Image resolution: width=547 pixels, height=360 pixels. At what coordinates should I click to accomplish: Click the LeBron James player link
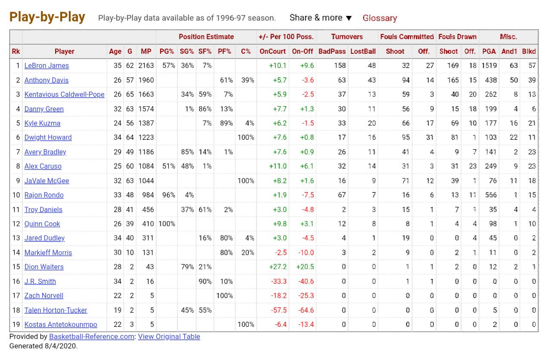(46, 66)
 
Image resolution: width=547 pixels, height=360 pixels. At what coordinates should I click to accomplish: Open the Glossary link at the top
(380, 18)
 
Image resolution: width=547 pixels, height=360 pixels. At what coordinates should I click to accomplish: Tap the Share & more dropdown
(320, 18)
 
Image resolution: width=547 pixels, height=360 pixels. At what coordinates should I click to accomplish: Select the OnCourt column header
(272, 51)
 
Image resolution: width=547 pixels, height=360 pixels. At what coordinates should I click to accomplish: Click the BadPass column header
(332, 51)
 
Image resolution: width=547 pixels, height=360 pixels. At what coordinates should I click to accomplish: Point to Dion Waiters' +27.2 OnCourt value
(278, 267)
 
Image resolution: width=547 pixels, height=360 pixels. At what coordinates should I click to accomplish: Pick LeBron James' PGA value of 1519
(489, 66)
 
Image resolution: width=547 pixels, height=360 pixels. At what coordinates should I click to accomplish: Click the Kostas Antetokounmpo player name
(61, 324)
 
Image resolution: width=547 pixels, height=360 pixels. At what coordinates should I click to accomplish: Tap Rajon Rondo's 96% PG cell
(169, 195)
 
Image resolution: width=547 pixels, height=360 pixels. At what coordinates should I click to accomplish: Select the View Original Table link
(169, 336)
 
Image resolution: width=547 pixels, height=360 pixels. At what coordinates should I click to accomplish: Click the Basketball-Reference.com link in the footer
(92, 336)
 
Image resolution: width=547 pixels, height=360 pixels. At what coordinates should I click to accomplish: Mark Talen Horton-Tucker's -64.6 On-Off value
(306, 310)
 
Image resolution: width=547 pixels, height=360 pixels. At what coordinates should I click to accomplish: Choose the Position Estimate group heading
(206, 37)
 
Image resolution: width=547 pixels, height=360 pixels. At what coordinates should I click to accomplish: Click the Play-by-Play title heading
(47, 17)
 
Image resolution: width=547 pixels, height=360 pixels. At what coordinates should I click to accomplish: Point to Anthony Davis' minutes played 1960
(146, 80)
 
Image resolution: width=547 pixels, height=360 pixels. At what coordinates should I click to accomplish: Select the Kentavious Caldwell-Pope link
(65, 95)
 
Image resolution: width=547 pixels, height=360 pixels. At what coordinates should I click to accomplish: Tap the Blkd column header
(529, 51)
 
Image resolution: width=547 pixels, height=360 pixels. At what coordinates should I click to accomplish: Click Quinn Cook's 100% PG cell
(167, 224)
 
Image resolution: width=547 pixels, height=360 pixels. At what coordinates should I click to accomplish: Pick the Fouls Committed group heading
(407, 37)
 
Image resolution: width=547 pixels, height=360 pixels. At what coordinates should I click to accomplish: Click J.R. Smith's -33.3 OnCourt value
(278, 281)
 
